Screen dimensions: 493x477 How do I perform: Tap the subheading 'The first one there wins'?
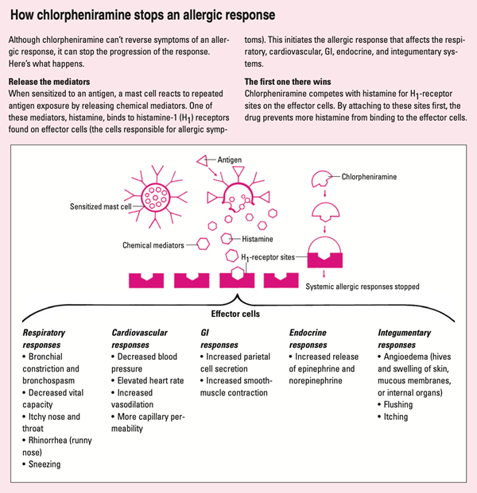[289, 82]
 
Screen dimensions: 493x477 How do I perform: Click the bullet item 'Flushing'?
[406, 402]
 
